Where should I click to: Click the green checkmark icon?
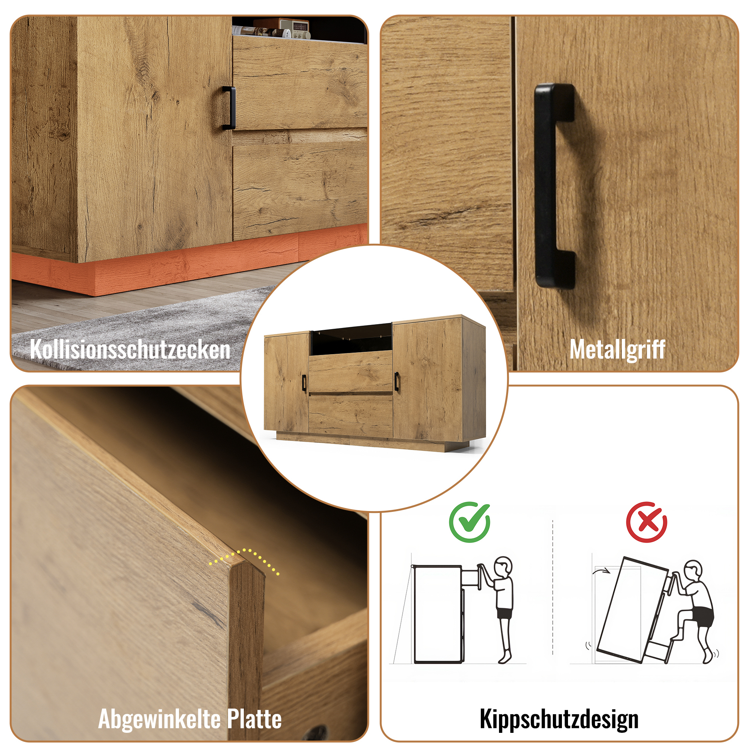click(x=470, y=522)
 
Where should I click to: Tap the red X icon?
click(x=647, y=522)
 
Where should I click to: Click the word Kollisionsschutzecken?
click(x=130, y=349)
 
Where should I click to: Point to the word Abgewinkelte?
click(x=160, y=719)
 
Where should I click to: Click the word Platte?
click(x=254, y=719)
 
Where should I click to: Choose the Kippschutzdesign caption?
click(x=559, y=719)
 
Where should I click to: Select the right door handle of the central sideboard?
click(x=396, y=381)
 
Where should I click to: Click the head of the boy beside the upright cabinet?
click(x=504, y=568)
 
